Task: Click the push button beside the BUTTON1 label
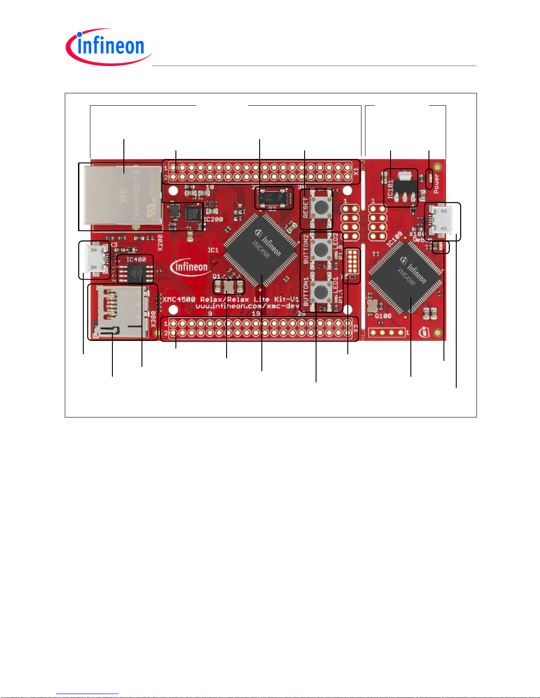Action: tap(321, 292)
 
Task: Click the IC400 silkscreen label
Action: tap(136, 260)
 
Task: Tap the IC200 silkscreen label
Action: tap(213, 219)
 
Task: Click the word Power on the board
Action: tap(436, 183)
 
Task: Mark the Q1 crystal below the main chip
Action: tap(229, 287)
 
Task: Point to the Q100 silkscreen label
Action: tap(383, 316)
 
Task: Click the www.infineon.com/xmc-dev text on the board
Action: tap(247, 306)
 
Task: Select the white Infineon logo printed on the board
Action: tap(190, 267)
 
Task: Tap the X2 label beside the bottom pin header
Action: tap(356, 328)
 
